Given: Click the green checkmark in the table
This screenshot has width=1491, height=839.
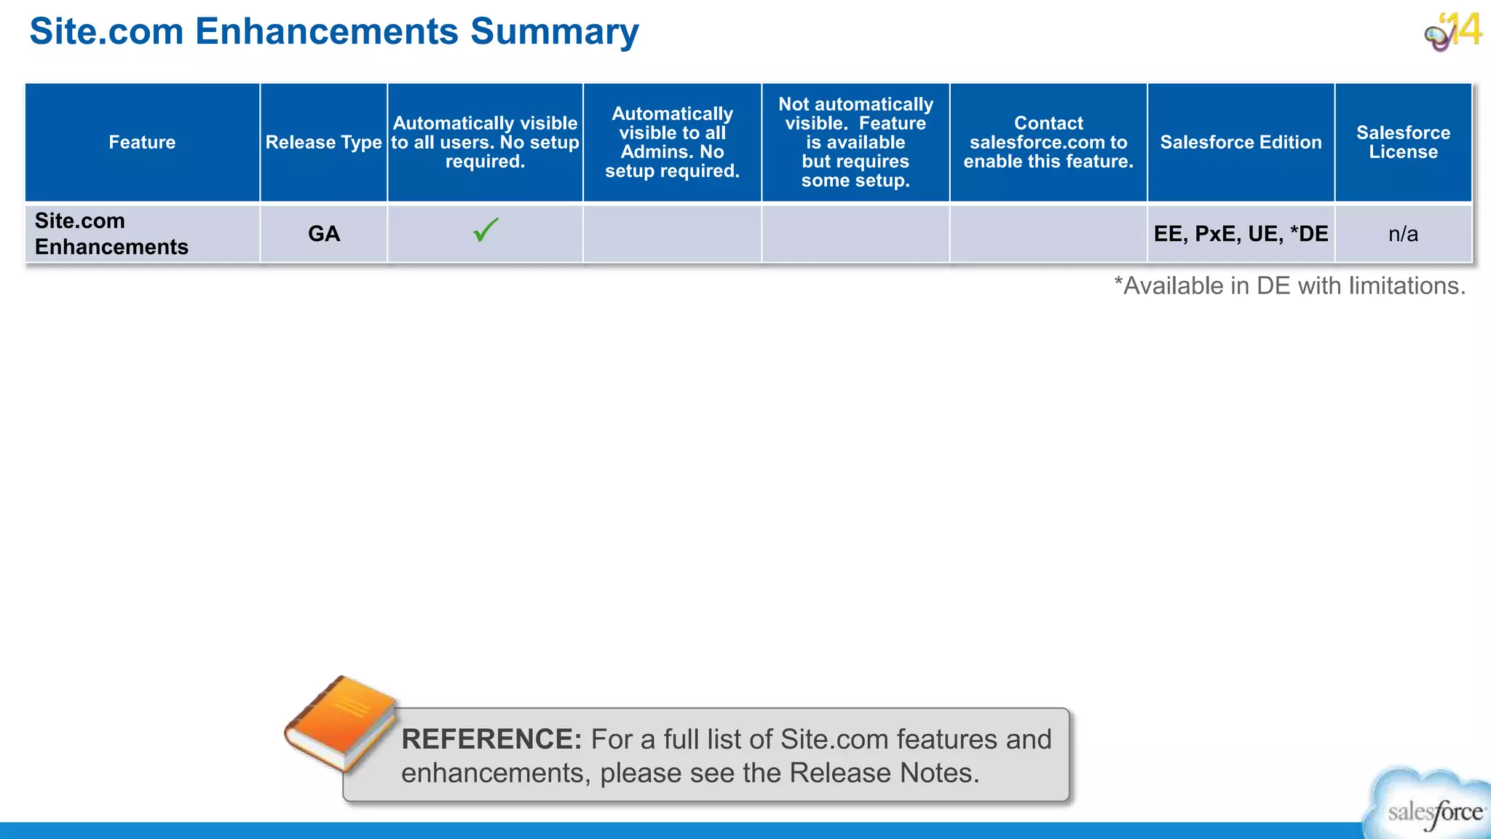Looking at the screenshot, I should click(486, 230).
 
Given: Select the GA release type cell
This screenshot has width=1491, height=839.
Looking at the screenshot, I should click(324, 234).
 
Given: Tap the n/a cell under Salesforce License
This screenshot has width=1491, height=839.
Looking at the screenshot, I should click(1403, 234).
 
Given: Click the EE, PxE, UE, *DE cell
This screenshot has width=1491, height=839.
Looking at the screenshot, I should click(1241, 234).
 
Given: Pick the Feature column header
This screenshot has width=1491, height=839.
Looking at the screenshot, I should click(142, 142).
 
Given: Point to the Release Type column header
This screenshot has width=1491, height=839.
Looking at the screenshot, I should click(324, 142).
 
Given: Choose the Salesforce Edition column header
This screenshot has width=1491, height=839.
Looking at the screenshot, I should click(1241, 142).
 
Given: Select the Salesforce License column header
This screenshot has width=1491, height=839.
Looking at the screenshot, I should click(1403, 142).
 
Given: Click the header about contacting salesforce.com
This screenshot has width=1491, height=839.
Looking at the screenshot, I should click(1048, 142).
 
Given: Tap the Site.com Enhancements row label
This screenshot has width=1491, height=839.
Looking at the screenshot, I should click(111, 234).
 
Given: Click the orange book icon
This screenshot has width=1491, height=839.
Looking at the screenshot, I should click(341, 722).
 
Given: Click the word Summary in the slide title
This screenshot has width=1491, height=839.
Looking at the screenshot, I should click(554, 32).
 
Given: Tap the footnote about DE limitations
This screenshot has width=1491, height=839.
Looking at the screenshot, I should click(1289, 285).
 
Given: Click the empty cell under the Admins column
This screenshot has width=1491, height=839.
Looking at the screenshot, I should click(672, 234).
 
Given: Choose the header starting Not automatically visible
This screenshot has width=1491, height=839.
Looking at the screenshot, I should click(855, 142).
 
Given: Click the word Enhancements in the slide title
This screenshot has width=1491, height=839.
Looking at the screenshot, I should click(327, 32).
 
